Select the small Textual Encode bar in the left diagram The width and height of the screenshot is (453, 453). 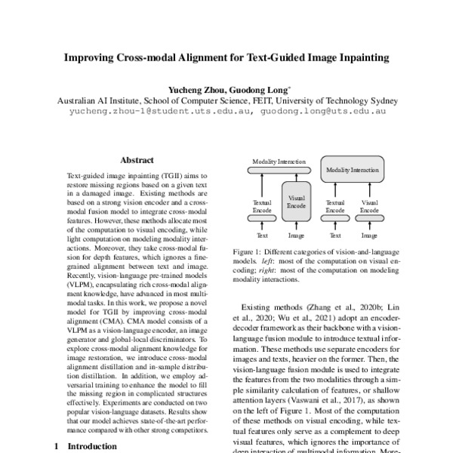263,218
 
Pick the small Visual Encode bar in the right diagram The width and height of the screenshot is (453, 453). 369,218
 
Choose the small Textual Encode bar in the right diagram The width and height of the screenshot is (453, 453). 334,218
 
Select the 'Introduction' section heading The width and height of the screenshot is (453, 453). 92,446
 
